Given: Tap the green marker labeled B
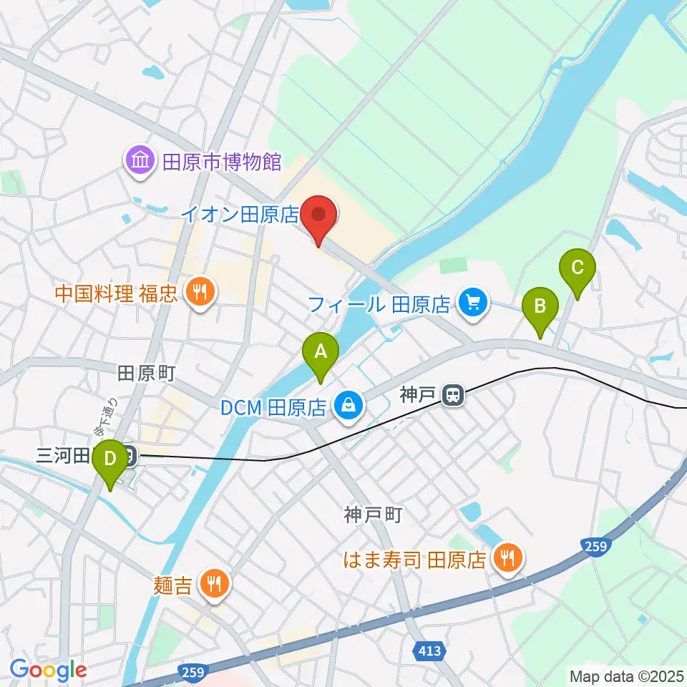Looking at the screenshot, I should (540, 307).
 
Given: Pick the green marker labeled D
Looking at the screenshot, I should (109, 458).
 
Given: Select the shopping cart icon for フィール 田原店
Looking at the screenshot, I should (472, 303).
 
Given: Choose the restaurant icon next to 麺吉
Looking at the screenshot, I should (213, 583).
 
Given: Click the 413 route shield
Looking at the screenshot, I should (428, 651).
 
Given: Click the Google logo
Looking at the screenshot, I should (48, 671).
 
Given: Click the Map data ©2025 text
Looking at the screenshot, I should (626, 676).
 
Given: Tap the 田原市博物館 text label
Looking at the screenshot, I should (213, 162).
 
